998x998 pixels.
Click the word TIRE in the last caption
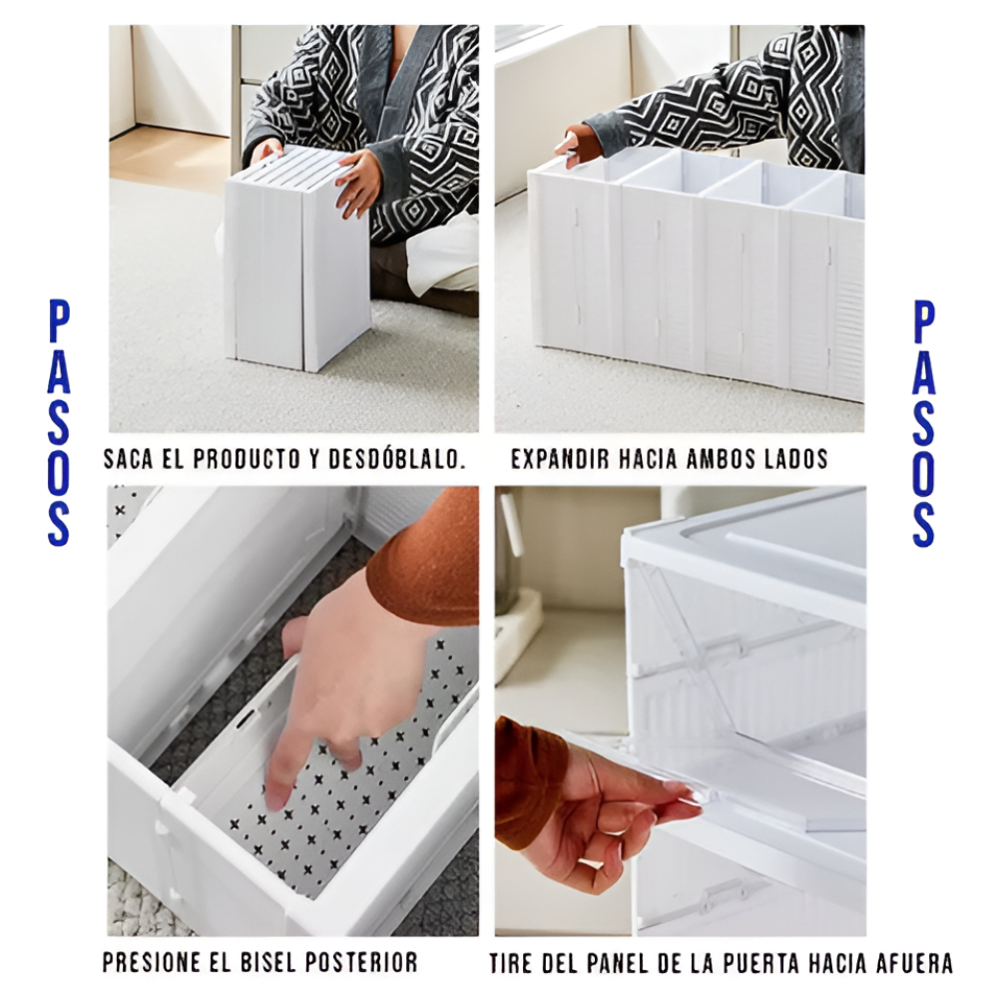[x=510, y=963]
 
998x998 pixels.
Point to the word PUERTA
[x=762, y=963]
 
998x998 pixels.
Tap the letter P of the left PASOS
[x=59, y=322]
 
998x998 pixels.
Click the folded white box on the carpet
[x=296, y=259]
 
